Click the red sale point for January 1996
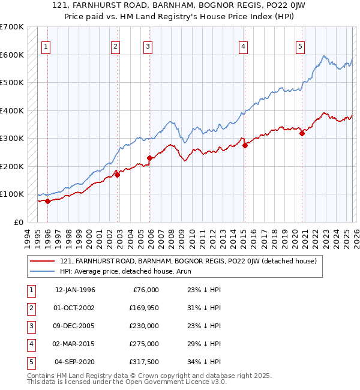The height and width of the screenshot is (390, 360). point(47,202)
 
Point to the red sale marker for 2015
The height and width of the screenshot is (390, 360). point(245,145)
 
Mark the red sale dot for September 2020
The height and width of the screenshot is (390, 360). point(302,134)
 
